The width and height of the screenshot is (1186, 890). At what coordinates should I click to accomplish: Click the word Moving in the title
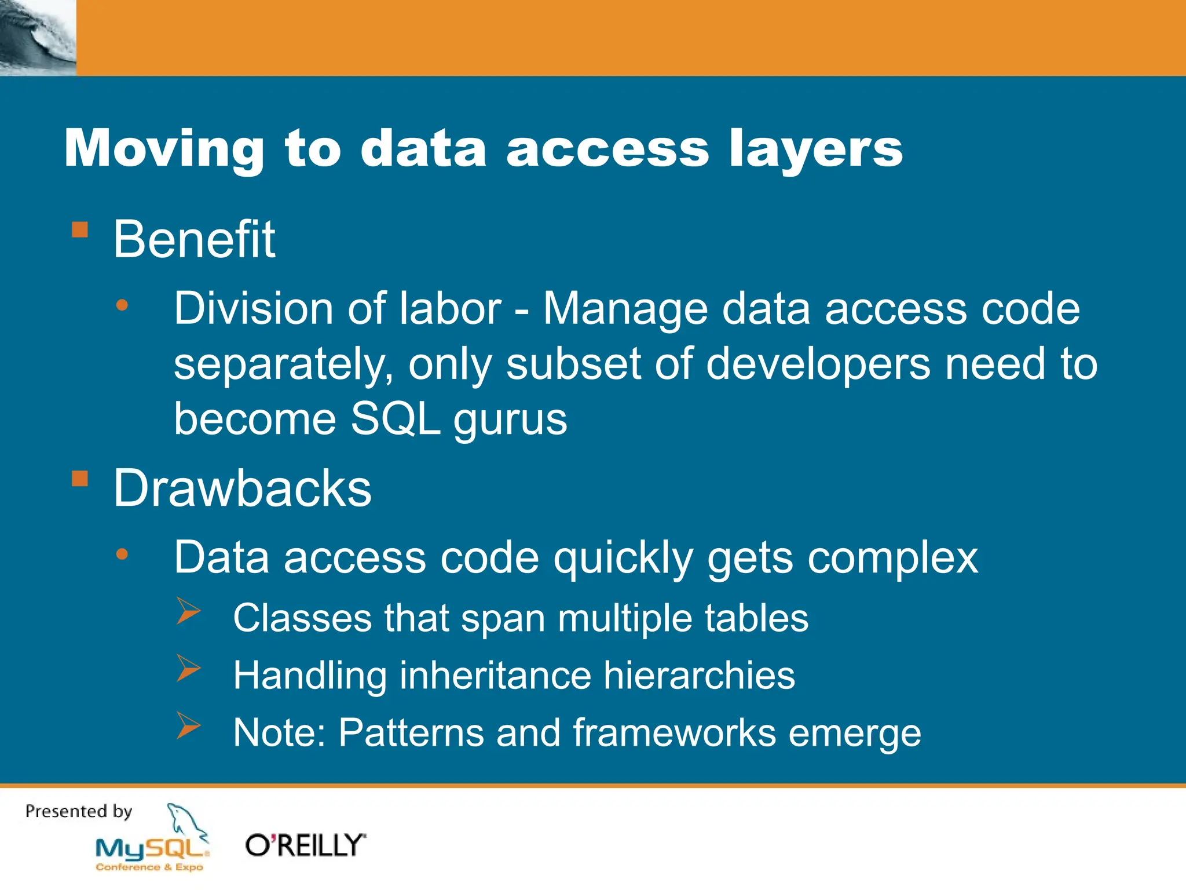(x=164, y=149)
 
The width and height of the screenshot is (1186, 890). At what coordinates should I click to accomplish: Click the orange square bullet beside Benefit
(x=80, y=230)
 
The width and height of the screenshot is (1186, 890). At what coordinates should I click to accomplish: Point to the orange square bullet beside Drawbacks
(x=80, y=479)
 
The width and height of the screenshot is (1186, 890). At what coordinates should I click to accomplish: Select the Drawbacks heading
(x=242, y=488)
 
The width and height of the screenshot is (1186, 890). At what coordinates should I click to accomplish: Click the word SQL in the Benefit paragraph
(x=396, y=418)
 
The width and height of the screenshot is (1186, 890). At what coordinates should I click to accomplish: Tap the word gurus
(x=510, y=420)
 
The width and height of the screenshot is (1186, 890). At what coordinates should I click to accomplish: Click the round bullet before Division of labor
(x=122, y=305)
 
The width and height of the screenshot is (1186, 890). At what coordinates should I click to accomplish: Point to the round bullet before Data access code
(x=122, y=555)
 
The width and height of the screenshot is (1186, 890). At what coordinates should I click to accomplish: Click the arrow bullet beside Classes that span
(x=188, y=611)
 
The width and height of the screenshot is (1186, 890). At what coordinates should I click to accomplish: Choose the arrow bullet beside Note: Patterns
(x=188, y=725)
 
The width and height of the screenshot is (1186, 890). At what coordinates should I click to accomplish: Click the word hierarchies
(x=699, y=676)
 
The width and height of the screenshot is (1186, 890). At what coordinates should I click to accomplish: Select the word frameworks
(x=674, y=732)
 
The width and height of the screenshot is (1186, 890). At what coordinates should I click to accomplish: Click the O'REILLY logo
(x=305, y=845)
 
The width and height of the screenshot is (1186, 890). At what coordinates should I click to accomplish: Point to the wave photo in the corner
(x=38, y=38)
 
